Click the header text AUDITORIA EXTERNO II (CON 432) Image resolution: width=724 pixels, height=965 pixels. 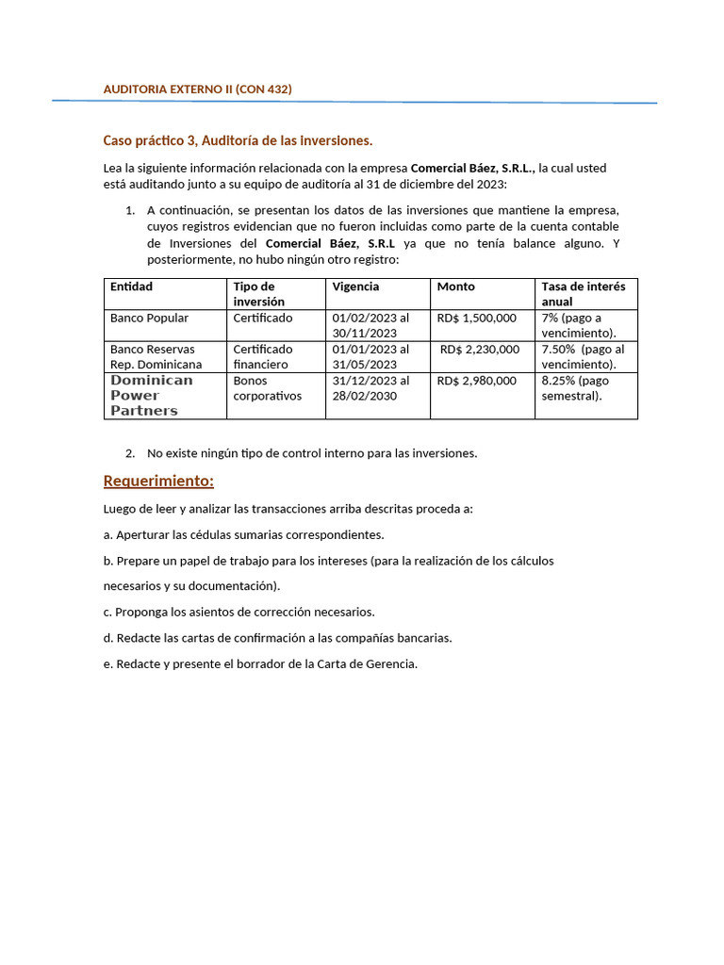pyautogui.click(x=197, y=89)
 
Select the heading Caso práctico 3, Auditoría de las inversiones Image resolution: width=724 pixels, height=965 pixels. pyautogui.click(x=238, y=140)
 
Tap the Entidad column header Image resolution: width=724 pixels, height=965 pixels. pyautogui.click(x=131, y=286)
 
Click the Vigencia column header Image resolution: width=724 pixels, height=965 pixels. pyautogui.click(x=355, y=286)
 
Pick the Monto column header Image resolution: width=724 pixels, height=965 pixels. pyautogui.click(x=456, y=286)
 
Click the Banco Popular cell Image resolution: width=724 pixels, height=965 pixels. pyautogui.click(x=149, y=318)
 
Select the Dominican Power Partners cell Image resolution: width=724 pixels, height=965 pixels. pyautogui.click(x=151, y=396)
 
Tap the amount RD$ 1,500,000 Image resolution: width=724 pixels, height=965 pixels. pyautogui.click(x=476, y=318)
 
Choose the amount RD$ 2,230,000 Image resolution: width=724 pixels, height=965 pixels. pyautogui.click(x=479, y=350)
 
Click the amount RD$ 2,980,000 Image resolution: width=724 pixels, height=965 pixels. pyautogui.click(x=476, y=381)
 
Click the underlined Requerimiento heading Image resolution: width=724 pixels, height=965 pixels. pyautogui.click(x=158, y=482)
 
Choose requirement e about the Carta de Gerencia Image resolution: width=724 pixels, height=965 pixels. pyautogui.click(x=259, y=663)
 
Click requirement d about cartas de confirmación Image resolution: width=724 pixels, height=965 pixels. pyautogui.click(x=277, y=638)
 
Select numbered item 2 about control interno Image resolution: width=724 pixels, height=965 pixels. pyautogui.click(x=311, y=453)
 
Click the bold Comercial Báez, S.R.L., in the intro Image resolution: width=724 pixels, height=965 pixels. pyautogui.click(x=473, y=168)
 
